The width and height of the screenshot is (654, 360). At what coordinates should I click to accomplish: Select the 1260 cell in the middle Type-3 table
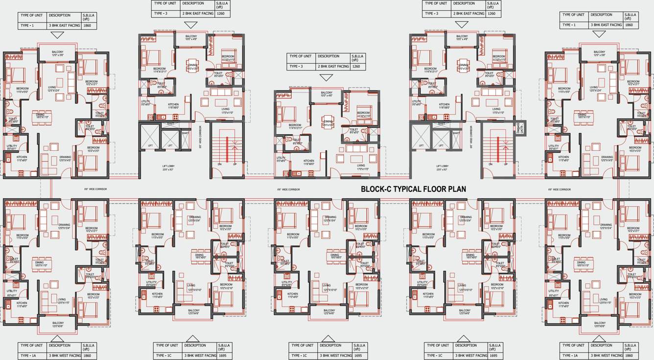pyautogui.click(x=356, y=66)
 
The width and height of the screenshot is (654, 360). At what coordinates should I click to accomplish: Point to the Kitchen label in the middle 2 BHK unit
pyautogui.click(x=309, y=161)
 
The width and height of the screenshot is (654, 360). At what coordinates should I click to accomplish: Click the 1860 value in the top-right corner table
pyautogui.click(x=629, y=24)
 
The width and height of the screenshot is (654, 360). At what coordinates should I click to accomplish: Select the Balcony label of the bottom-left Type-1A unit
pyautogui.click(x=58, y=324)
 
